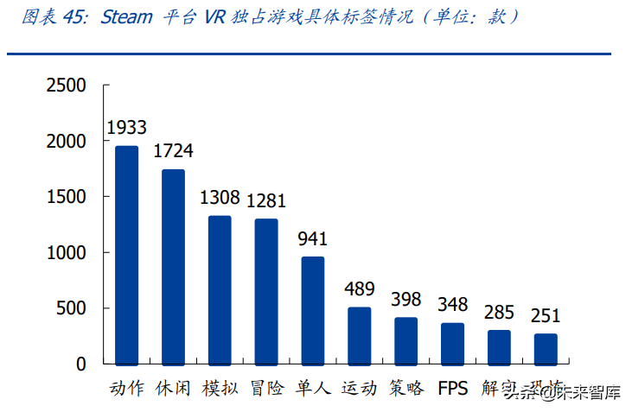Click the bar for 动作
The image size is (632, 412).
point(126,255)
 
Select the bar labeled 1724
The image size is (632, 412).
point(173,266)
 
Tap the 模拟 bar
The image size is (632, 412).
point(220,289)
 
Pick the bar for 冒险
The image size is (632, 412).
point(266,291)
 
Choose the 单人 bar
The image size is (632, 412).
point(313,310)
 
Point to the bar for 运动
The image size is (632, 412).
point(360,335)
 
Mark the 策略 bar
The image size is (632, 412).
point(406,340)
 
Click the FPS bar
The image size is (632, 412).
point(453,343)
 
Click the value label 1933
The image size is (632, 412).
point(126,128)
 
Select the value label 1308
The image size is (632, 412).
point(220,198)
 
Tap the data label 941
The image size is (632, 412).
point(313,239)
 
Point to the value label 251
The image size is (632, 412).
point(546,316)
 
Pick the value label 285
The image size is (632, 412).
point(499,312)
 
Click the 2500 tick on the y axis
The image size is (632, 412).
point(67,86)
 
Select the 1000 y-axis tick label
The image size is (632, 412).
point(67,253)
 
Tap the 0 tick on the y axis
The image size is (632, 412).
point(81,364)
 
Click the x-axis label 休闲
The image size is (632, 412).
point(173,388)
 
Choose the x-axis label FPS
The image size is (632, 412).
point(453,388)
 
